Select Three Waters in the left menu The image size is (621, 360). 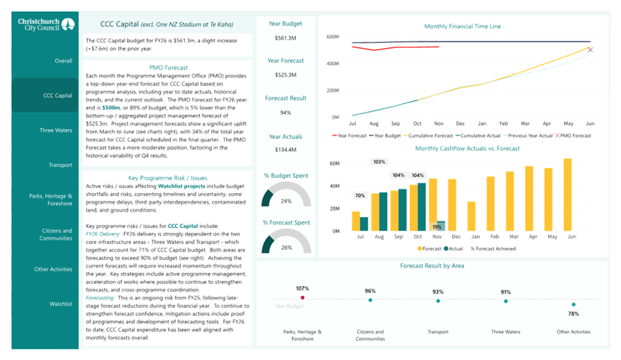pos(55,130)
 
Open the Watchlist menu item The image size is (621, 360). pos(61,304)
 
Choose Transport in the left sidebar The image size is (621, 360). pos(61,165)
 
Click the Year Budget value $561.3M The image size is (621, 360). pos(285,38)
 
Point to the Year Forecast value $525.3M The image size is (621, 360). pos(285,75)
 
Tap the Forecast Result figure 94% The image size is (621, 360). pos(285,113)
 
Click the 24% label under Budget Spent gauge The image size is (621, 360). pos(285,201)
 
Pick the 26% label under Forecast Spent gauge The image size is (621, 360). pos(285,247)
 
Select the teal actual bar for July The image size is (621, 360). pos(364,223)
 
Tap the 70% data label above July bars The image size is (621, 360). pos(360,196)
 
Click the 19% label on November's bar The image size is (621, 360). pos(437,227)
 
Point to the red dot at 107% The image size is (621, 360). pos(302,299)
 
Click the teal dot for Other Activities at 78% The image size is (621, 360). pos(573,304)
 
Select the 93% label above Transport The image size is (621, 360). pos(438,292)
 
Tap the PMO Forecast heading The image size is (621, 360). pos(169,67)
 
